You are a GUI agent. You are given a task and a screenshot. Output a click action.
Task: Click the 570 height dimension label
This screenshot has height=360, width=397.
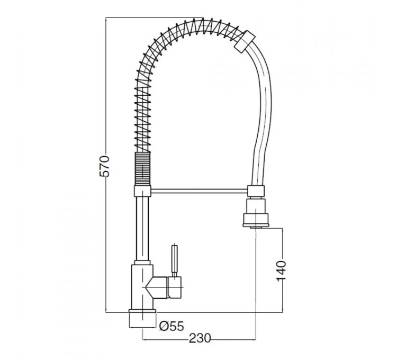pos(105,166)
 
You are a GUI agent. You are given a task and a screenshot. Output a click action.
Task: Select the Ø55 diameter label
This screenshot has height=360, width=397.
pos(171,326)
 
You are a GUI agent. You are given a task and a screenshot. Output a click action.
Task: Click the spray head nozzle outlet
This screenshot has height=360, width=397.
pos(255,225)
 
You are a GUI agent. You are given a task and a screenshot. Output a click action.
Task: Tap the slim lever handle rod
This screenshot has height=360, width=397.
pos(174,259)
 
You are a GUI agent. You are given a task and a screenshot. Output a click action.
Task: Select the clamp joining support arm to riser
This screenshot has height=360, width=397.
pos(142,190)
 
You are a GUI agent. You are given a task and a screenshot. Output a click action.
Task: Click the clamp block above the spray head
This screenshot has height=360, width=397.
pos(255,191)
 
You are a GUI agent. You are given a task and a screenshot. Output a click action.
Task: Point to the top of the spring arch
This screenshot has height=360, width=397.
pos(196,24)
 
